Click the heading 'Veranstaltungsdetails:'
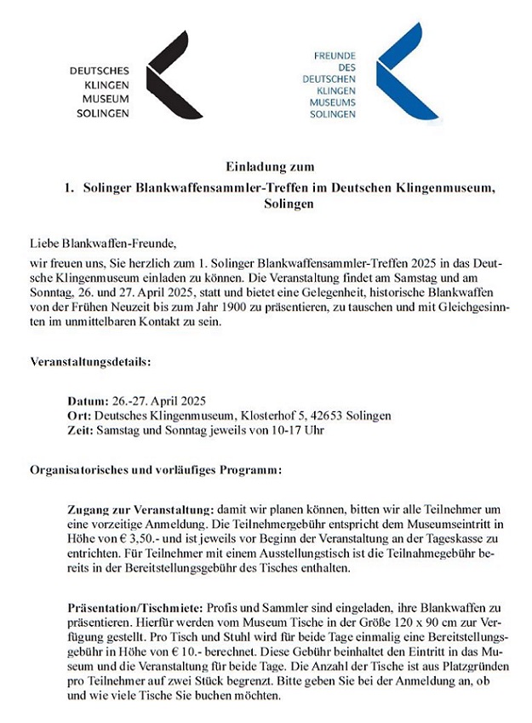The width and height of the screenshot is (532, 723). (90, 362)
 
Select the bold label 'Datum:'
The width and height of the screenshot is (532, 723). (88, 399)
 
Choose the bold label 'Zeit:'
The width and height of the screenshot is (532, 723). (81, 430)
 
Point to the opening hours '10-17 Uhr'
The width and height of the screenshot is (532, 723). (296, 430)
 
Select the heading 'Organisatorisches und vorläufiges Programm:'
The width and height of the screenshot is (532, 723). (156, 469)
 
